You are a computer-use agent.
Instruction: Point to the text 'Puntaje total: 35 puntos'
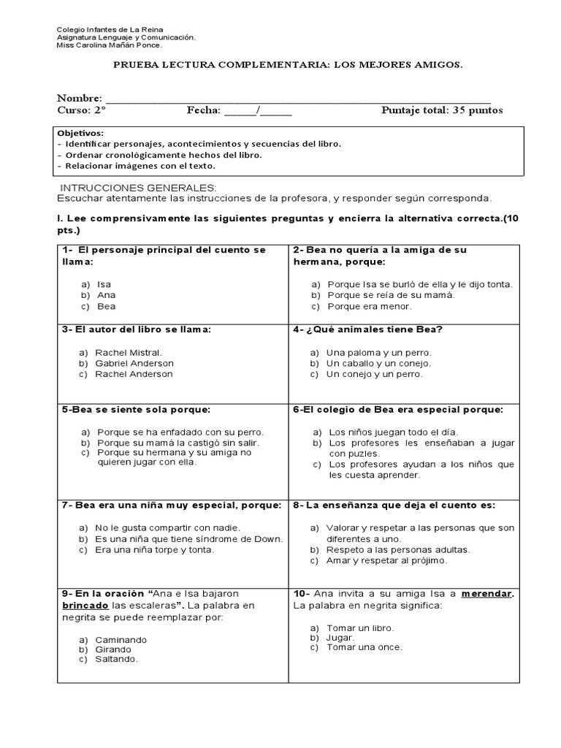(442, 110)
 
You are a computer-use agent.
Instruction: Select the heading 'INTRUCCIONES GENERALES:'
(138, 188)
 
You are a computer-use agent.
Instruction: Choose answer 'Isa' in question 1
(104, 284)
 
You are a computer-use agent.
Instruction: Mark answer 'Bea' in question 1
(106, 306)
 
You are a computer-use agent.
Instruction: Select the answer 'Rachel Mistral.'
(129, 352)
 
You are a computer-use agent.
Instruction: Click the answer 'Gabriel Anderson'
(134, 363)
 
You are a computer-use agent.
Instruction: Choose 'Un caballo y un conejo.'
(378, 363)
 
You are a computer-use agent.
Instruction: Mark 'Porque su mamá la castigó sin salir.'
(178, 443)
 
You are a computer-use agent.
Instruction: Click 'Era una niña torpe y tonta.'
(154, 549)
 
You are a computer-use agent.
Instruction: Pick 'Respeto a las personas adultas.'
(398, 549)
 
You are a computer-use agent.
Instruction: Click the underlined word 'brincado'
(85, 606)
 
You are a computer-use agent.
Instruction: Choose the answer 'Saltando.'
(116, 659)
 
